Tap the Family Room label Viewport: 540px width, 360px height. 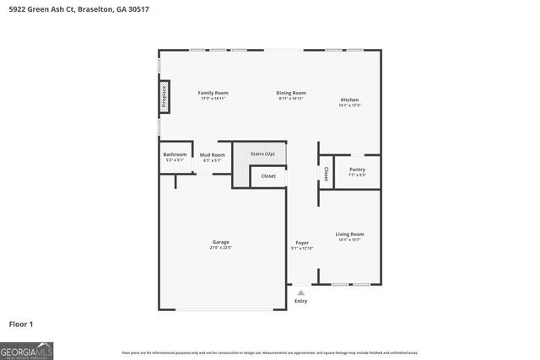tap(213, 93)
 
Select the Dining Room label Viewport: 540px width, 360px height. tap(291, 93)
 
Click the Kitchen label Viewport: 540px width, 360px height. tap(349, 99)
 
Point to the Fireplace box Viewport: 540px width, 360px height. tap(165, 96)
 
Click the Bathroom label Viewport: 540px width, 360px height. tap(175, 155)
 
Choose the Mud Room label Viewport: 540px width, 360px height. tap(212, 155)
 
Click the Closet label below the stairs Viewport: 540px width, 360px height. tap(268, 176)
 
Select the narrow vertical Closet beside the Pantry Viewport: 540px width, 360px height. tap(326, 173)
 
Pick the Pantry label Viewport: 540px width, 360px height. tap(357, 169)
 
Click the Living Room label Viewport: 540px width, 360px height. tap(349, 234)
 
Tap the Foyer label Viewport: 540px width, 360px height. tap(301, 243)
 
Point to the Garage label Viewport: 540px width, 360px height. tap(220, 243)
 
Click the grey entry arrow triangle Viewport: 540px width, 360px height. tap(300, 293)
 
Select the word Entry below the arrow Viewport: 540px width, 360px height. tap(300, 301)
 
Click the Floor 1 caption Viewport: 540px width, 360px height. tap(20, 324)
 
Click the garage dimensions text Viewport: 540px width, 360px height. tap(220, 248)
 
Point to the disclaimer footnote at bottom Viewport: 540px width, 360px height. tap(269, 352)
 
